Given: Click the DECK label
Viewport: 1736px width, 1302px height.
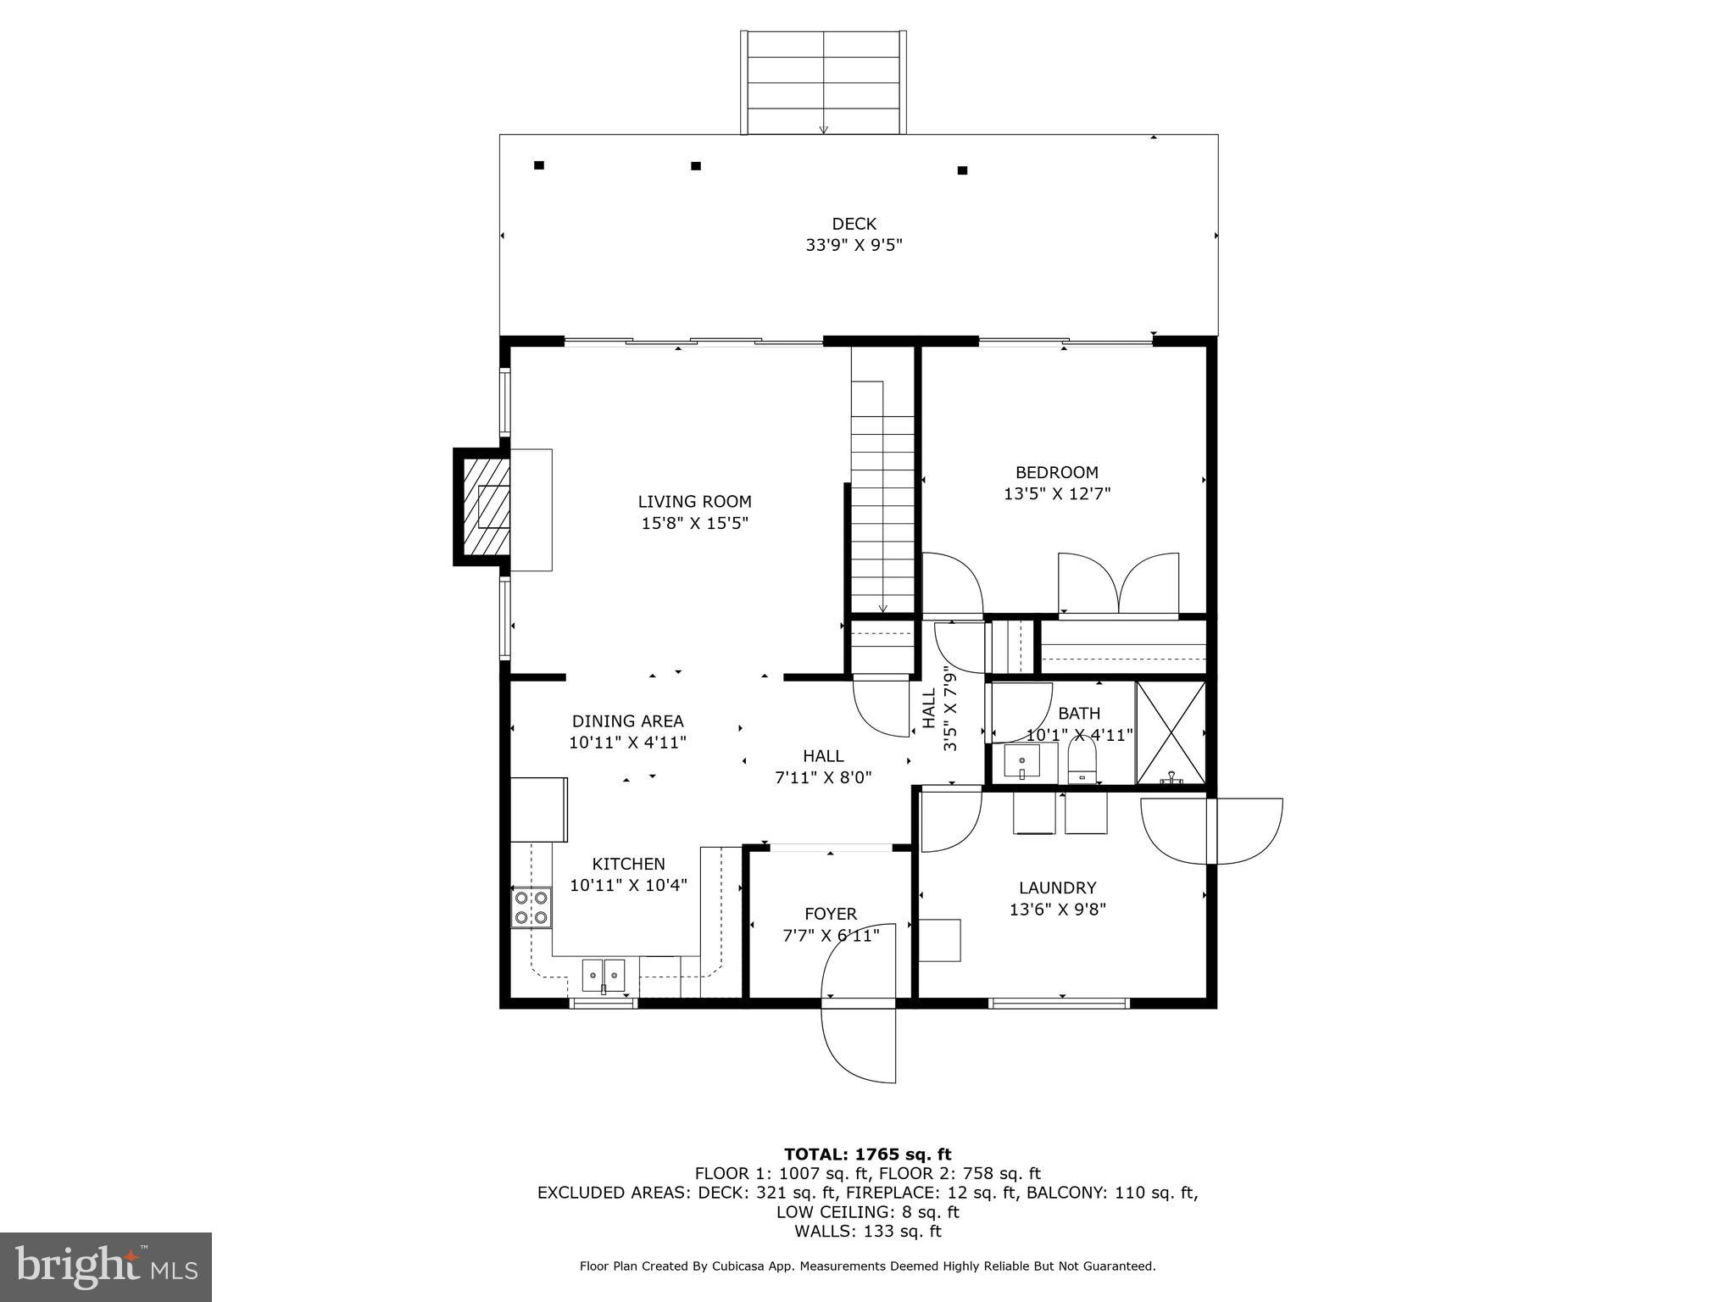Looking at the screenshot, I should coord(854,224).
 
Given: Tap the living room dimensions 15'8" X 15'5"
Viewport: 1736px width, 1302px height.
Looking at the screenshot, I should coord(694,524).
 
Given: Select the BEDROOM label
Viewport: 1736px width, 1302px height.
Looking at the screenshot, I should coord(1056,472).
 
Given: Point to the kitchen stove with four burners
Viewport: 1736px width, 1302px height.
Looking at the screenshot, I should coord(531,908).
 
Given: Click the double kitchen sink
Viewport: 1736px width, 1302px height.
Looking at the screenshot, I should coord(603,975).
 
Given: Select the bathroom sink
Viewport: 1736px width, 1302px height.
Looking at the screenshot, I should coord(1022,761).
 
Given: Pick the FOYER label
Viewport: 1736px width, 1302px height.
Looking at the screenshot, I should coord(831,914).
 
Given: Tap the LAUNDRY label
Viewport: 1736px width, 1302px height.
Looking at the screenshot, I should coord(1057,887).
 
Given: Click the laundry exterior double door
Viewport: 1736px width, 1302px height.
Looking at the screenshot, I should coord(1212,831).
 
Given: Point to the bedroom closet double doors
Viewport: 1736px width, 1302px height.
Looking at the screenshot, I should coord(1118,584).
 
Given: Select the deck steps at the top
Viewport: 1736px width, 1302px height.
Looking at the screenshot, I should coord(823,82).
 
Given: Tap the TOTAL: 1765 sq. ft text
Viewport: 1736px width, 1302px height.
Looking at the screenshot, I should coord(867,1154).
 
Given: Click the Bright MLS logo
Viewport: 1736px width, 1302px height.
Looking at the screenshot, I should coord(106,1267).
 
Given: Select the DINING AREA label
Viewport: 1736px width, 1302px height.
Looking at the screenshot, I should coord(627,721).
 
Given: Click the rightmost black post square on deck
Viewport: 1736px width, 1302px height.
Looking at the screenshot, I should coord(962,170).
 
